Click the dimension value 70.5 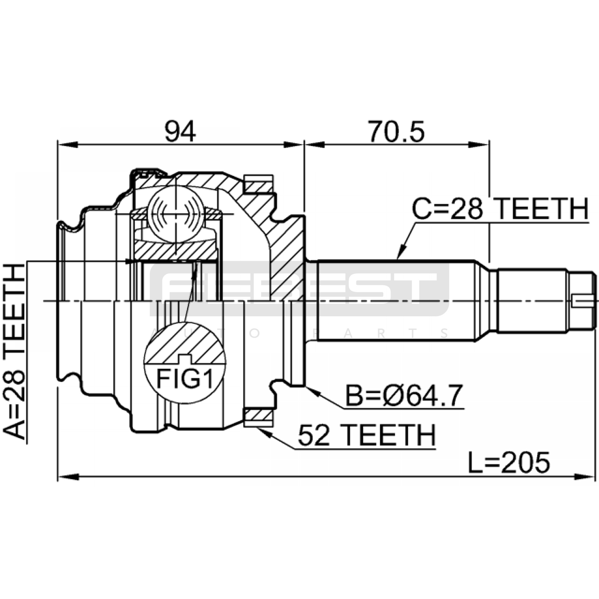[x=396, y=132]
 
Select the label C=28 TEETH [x=500, y=209]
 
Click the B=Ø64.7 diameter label [x=404, y=396]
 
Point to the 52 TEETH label [x=367, y=435]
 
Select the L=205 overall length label [x=509, y=462]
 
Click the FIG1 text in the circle [x=185, y=378]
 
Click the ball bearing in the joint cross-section [x=176, y=214]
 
